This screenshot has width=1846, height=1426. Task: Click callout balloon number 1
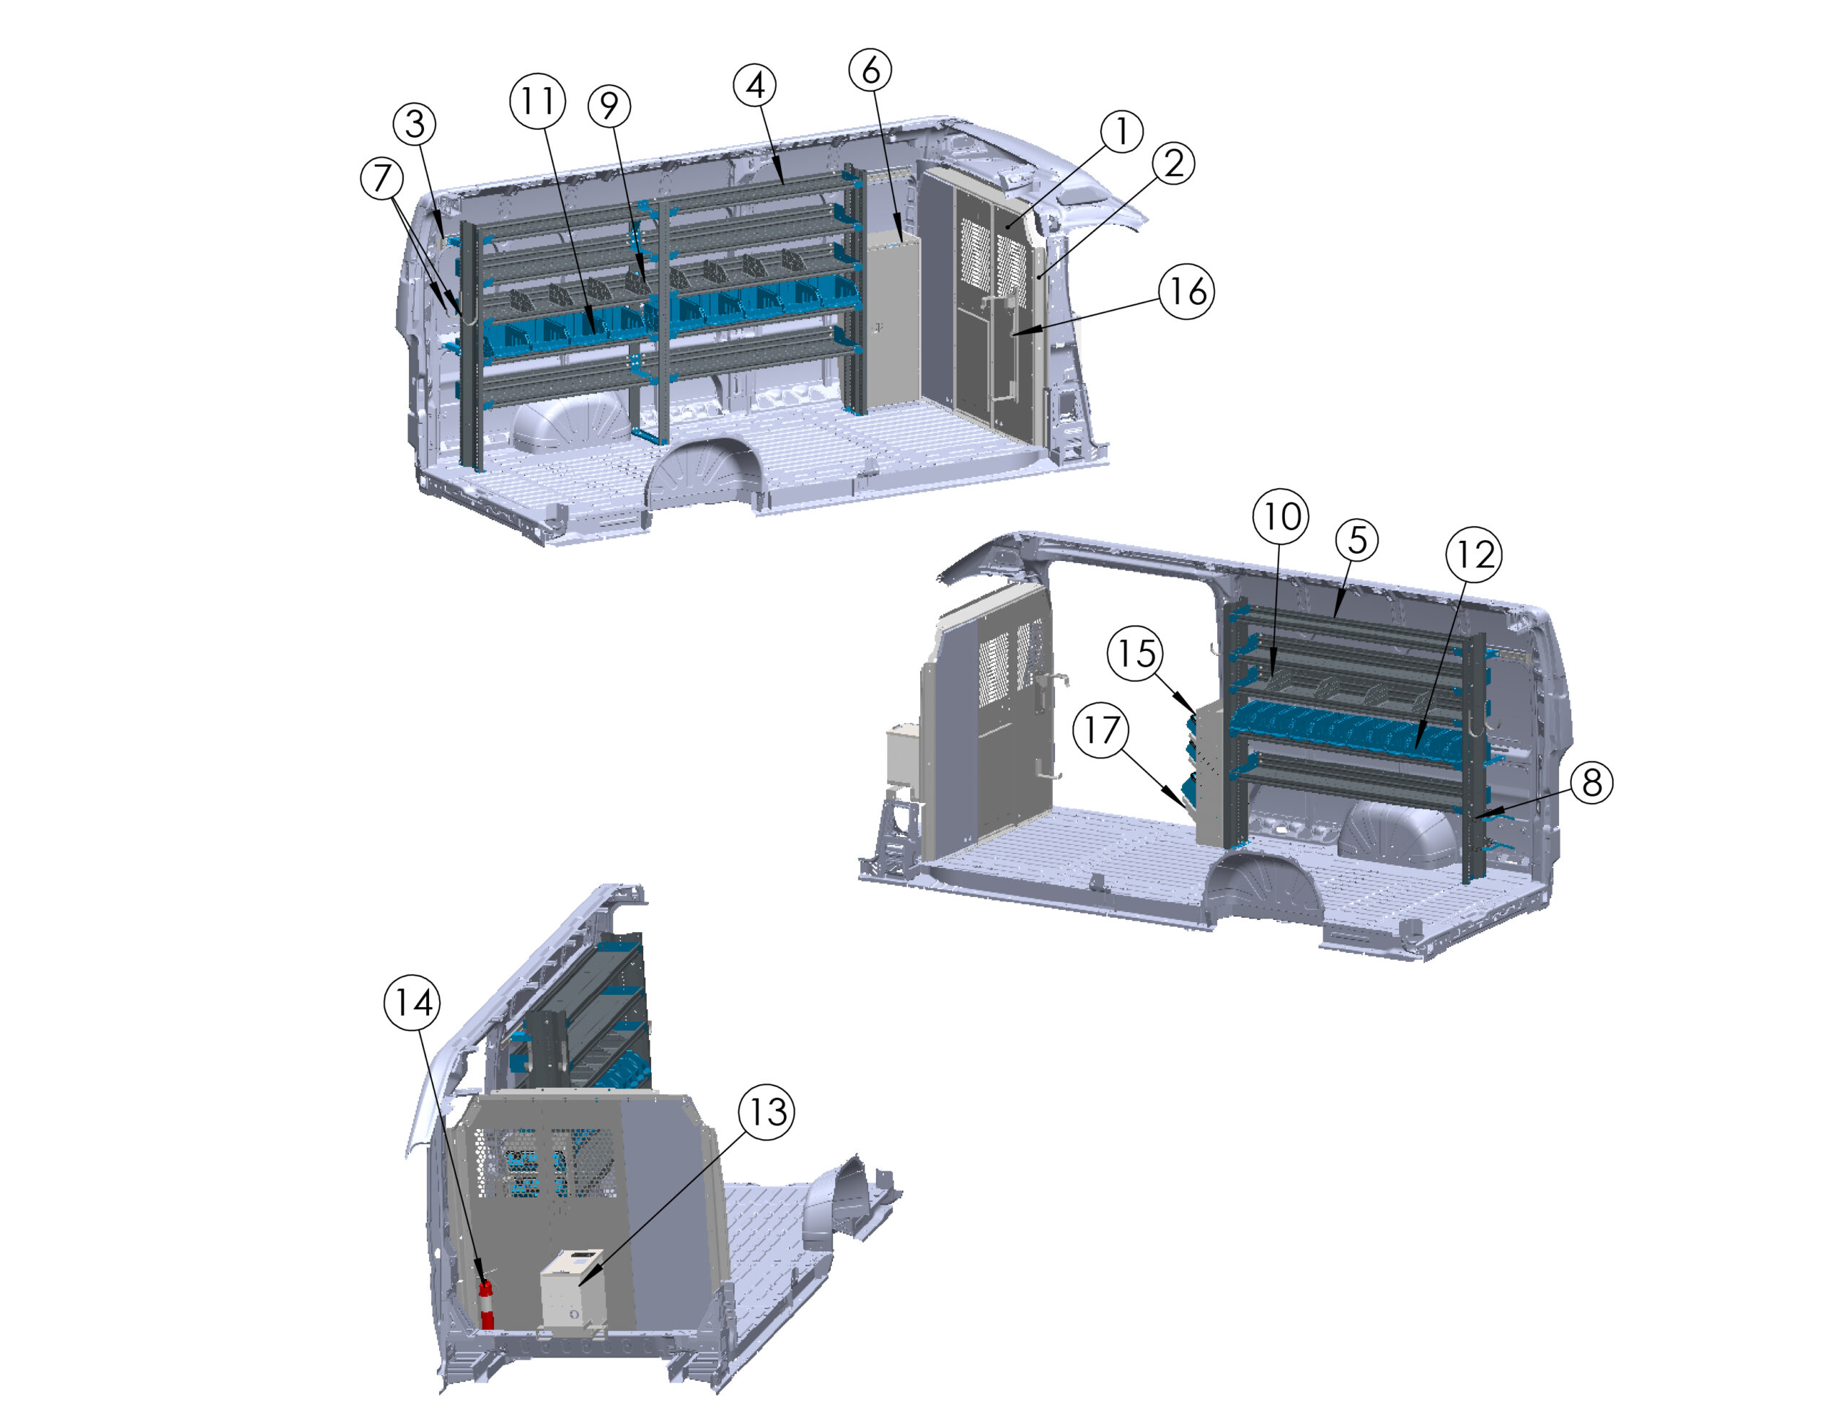(x=1121, y=133)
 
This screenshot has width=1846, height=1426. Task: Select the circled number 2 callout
(x=1174, y=163)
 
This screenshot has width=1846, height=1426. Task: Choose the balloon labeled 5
(x=1357, y=540)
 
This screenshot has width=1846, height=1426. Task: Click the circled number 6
(x=870, y=70)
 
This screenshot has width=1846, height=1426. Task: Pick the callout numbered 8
(x=1592, y=783)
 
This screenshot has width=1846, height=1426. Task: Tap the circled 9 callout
(x=609, y=106)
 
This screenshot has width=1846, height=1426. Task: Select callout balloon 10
(x=1281, y=516)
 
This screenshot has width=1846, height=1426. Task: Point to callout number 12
(x=1475, y=555)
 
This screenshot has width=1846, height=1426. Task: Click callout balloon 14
(x=413, y=1004)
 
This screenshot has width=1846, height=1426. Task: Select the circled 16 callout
(x=1188, y=292)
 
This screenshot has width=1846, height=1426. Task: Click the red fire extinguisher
(x=486, y=1304)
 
